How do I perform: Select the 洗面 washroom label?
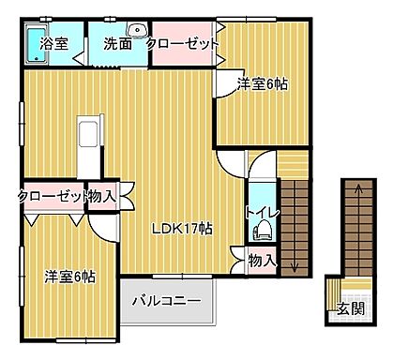[117, 42]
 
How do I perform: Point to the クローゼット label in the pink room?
[183, 42]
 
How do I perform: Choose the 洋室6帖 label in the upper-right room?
[262, 83]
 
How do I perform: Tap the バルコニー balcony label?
[165, 302]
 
